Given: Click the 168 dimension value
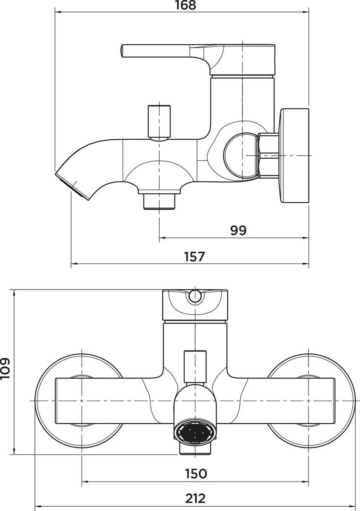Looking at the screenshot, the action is coord(186,6).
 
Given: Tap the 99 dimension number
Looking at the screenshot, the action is coord(238,230).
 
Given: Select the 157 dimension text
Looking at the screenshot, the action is coord(195,256).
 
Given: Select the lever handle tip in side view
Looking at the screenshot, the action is coord(123,51).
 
